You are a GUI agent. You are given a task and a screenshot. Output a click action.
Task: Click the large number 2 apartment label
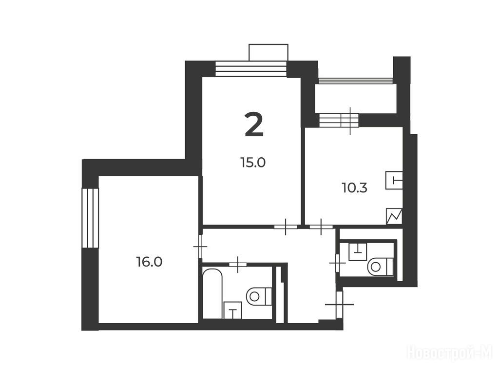[x=254, y=125]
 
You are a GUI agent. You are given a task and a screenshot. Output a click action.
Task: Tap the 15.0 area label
[x=253, y=163]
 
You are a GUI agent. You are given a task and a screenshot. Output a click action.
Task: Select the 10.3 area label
[x=355, y=188]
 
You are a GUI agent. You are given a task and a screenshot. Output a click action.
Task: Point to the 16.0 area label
[x=150, y=262]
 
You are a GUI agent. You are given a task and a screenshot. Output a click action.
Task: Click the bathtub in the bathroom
[x=212, y=293]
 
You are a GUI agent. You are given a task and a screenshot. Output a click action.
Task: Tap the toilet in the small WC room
[x=380, y=266]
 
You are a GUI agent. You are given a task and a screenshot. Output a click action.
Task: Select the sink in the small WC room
[x=358, y=251]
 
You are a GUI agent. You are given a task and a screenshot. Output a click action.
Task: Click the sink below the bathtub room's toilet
[x=232, y=311]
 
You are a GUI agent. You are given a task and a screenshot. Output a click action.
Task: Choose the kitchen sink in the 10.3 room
[x=394, y=181]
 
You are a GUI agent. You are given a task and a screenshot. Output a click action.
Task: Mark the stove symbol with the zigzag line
[x=394, y=217]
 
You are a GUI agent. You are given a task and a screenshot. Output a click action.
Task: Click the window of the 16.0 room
[x=90, y=218]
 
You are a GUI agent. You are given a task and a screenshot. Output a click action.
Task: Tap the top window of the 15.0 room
[x=251, y=68]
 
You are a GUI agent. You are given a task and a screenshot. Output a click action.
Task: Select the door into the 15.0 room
[x=286, y=227]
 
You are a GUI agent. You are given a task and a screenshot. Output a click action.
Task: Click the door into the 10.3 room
[x=321, y=227]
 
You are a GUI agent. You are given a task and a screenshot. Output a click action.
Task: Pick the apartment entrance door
[x=340, y=304]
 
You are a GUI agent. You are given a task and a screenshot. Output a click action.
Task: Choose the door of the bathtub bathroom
[x=238, y=264]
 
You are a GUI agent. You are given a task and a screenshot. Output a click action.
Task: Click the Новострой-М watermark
[x=449, y=353]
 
